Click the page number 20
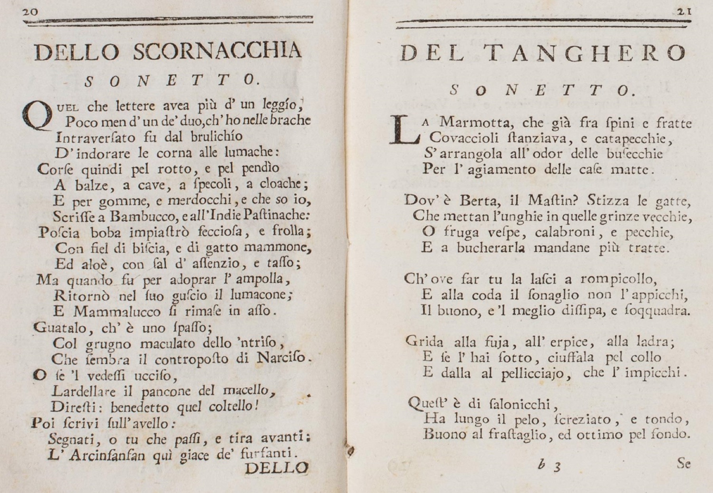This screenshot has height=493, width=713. click(30, 12)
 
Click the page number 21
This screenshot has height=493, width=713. click(684, 12)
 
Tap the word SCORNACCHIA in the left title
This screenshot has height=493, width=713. click(217, 52)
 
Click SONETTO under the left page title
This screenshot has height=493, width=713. click(173, 81)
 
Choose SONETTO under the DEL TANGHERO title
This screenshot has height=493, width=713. click(543, 91)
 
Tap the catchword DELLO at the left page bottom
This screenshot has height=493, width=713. click(276, 468)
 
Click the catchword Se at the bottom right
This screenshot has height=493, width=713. click(684, 463)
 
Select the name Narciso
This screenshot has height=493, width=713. click(282, 358)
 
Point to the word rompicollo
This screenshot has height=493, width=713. click(619, 279)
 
